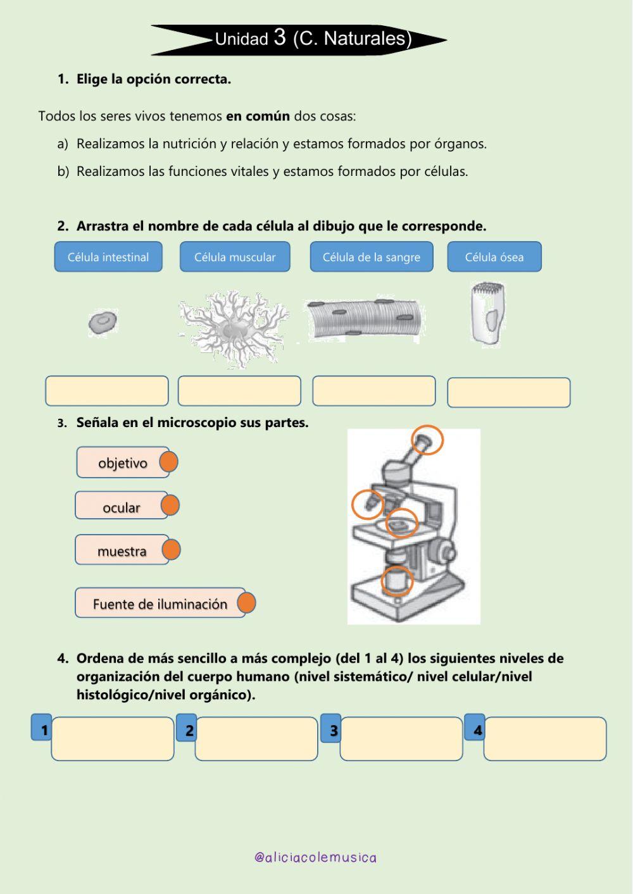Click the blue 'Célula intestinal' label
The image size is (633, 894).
[108, 257]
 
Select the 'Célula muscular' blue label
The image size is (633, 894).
[235, 257]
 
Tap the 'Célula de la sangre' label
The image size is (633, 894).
[372, 257]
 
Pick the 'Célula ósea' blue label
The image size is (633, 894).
[494, 257]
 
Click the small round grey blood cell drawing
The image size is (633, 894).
[103, 323]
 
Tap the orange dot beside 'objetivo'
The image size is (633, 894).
[168, 463]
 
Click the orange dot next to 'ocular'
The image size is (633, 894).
[170, 506]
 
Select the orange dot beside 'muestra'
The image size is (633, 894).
[171, 550]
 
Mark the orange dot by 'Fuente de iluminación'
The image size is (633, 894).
[247, 603]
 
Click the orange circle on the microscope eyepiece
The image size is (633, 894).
[428, 440]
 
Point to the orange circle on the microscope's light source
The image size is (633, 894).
[397, 580]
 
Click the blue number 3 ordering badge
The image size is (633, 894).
[331, 729]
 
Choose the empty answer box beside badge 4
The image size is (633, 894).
[545, 739]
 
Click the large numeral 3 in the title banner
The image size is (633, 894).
[280, 37]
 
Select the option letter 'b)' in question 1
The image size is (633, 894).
[63, 171]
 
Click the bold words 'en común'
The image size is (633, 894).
[258, 116]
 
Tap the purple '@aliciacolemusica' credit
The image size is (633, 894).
[315, 857]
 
